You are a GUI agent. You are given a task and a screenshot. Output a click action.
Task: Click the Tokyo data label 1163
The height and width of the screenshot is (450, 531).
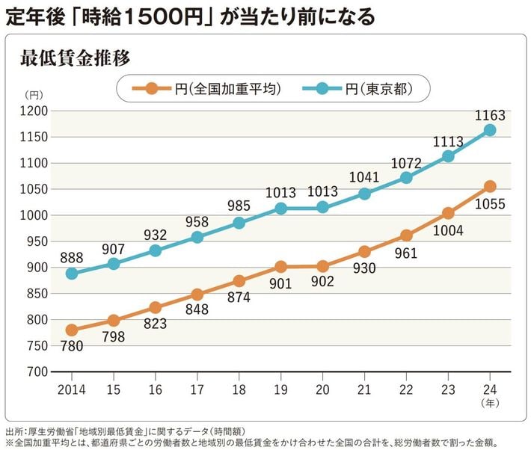coord(490,116)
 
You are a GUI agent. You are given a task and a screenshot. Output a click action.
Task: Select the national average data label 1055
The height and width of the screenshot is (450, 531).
coord(490,204)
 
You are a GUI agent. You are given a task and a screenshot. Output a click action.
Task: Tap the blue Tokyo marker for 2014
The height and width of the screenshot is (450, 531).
coord(72,274)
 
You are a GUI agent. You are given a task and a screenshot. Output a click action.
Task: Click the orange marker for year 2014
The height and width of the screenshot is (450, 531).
coord(72,330)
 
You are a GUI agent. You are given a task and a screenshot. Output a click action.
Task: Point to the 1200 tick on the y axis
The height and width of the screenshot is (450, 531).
coord(33,111)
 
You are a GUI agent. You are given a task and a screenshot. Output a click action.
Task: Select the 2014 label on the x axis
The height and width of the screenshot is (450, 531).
coord(71,389)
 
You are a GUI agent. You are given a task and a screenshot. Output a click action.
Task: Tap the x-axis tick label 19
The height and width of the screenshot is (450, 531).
coord(280,389)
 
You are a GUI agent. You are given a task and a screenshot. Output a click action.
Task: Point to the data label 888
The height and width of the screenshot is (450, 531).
coord(71,256)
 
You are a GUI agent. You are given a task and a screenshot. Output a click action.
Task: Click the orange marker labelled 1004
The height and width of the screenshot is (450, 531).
coord(448,213)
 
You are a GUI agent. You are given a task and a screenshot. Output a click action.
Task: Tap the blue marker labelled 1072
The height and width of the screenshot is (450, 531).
coord(406,178)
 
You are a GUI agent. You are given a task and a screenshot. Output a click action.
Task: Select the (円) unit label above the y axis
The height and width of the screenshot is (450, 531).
coord(34,96)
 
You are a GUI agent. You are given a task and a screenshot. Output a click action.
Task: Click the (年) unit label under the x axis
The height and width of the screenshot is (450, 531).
coord(490,402)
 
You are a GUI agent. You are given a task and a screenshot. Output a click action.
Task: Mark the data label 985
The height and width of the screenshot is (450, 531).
coord(239,205)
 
